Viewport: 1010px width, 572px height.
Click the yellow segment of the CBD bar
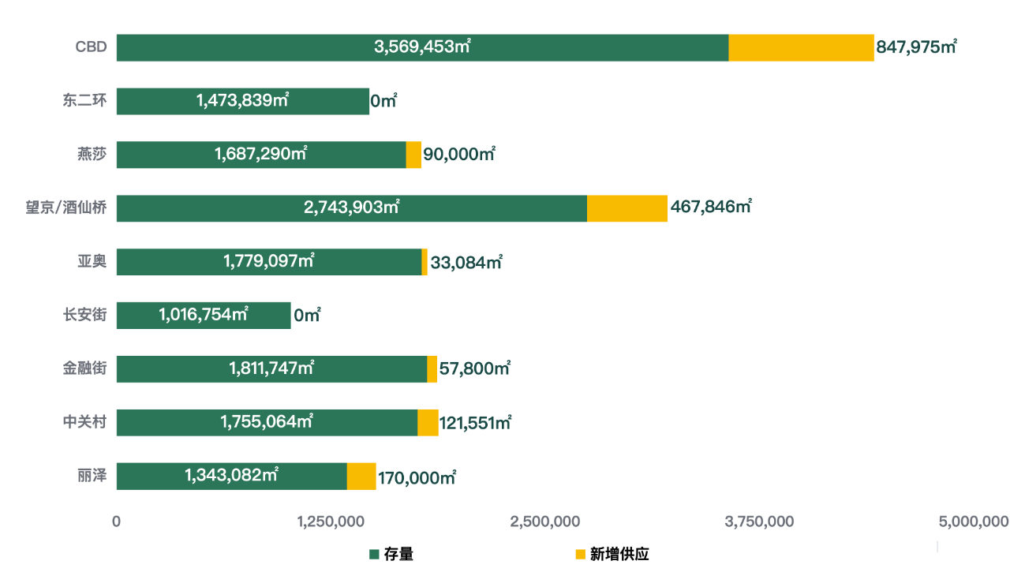[x=801, y=47]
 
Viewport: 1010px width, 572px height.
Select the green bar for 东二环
[x=242, y=101]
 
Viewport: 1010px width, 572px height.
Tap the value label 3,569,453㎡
[x=422, y=47]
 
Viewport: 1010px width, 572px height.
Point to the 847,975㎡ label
[x=916, y=47]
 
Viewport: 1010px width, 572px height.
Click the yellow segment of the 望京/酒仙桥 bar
[x=627, y=208]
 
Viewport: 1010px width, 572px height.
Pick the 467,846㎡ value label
[x=710, y=207]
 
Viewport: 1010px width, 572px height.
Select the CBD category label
[x=91, y=47]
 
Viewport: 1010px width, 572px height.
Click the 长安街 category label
[x=85, y=315]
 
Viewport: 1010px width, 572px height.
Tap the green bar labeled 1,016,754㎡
[x=203, y=315]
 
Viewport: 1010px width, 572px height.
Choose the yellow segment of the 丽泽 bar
[x=361, y=476]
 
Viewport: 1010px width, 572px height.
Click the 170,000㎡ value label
[x=417, y=477]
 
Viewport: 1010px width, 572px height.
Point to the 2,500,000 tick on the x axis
[x=545, y=522]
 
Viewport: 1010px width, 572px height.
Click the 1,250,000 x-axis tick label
[x=331, y=522]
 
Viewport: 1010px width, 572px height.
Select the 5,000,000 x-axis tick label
[x=973, y=522]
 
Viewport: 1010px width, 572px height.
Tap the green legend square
[x=374, y=555]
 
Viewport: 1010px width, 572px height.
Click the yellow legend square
[x=580, y=555]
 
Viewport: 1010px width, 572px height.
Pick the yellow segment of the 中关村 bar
[x=428, y=422]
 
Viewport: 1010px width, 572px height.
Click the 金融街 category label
[x=85, y=368]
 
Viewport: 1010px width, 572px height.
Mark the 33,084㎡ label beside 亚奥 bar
[x=466, y=262]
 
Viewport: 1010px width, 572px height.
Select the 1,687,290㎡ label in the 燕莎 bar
[x=260, y=155]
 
